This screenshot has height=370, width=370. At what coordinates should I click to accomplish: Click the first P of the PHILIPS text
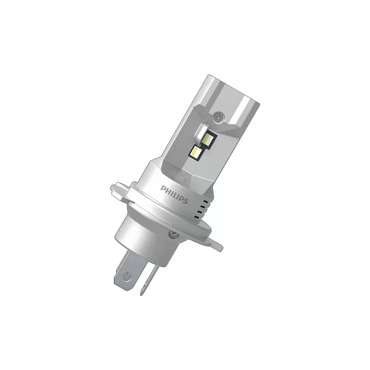[163, 188]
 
